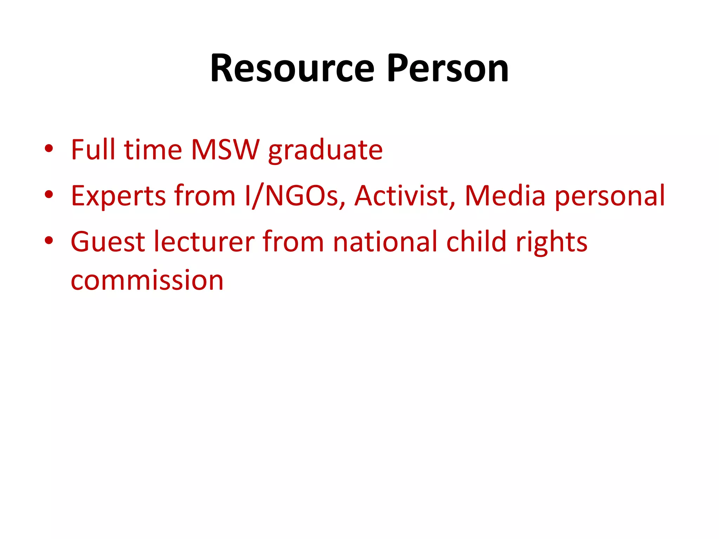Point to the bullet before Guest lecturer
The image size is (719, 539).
click(49, 240)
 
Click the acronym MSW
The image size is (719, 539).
click(225, 150)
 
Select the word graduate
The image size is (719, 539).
click(325, 151)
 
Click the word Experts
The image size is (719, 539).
click(118, 196)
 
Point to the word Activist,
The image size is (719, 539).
click(405, 196)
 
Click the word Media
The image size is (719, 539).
click(505, 196)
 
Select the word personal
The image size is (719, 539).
click(610, 197)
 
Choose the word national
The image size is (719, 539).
click(385, 242)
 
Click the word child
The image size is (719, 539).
click(476, 242)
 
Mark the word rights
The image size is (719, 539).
click(552, 243)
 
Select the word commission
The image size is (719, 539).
click(147, 281)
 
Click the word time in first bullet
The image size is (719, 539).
click(153, 150)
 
